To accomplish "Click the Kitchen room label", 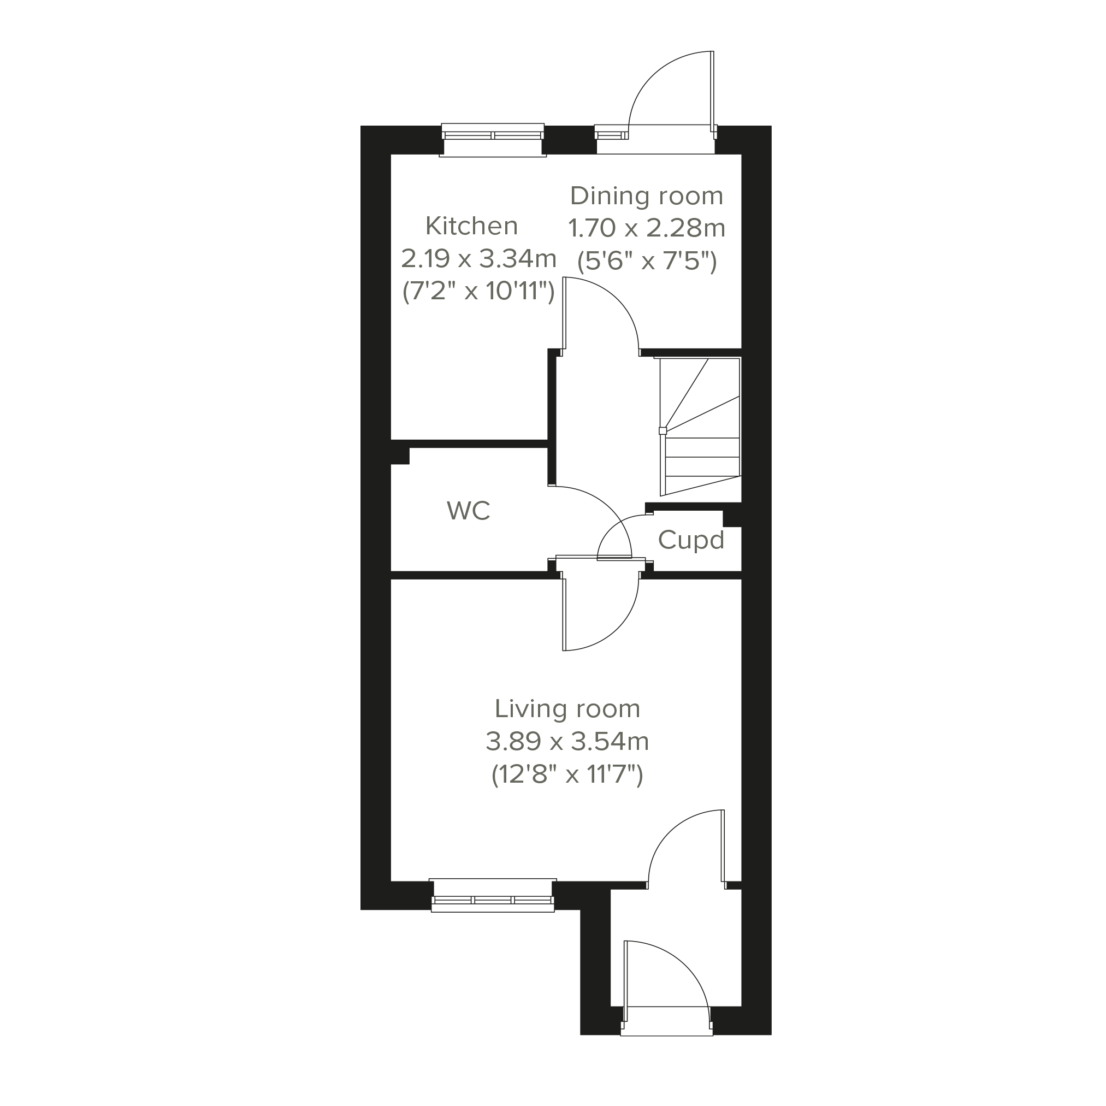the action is pos(472,226).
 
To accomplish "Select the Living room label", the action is pos(567,709).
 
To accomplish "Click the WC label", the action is pos(468,511).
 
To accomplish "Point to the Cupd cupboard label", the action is pos(691,540).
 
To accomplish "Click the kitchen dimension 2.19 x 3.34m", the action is pos(478,259).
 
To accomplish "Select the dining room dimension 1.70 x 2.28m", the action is pos(647,228).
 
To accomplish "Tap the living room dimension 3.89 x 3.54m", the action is pos(567,742).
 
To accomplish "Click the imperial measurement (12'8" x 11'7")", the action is pos(567,775).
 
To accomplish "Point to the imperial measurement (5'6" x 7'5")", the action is pos(647,262).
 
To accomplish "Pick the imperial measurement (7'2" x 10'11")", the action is pos(478,292).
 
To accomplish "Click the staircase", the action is pos(700,427).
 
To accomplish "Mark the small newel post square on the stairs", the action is pos(663,430).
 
